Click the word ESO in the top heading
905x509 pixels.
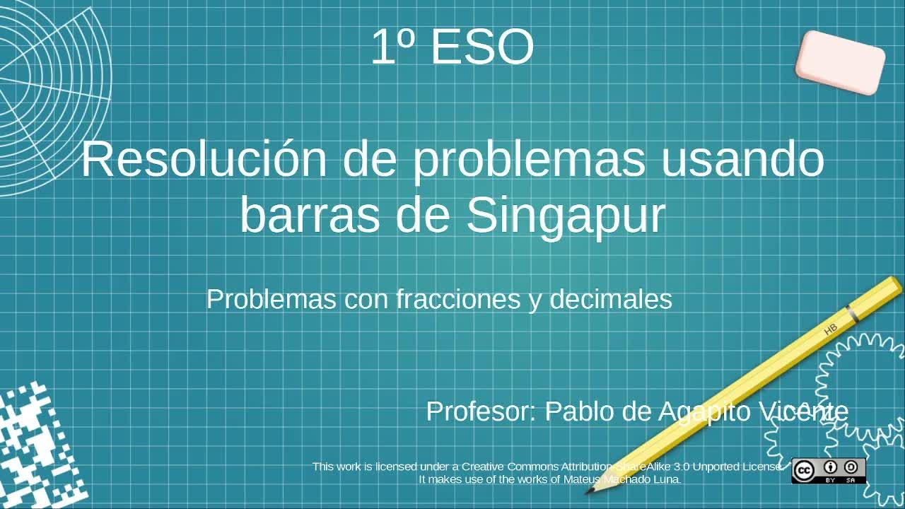(483, 47)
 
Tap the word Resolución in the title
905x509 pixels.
(204, 159)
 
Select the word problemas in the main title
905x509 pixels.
(530, 163)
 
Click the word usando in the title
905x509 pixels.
(742, 159)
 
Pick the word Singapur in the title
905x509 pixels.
(566, 218)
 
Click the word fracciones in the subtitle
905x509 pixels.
(458, 299)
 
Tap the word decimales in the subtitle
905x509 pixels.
(611, 299)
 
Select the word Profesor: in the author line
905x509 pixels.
(481, 411)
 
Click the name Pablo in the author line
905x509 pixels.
(579, 411)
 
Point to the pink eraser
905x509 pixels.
(841, 63)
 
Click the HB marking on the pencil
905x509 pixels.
(831, 329)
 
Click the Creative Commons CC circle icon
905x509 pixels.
(804, 471)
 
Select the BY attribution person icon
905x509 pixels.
(831, 467)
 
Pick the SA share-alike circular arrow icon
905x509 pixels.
(851, 467)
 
